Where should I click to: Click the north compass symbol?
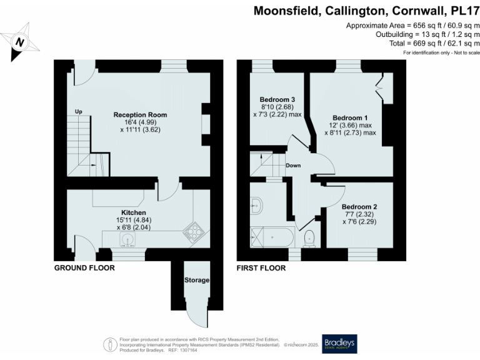(x=20, y=41)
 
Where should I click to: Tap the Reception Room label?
(x=140, y=115)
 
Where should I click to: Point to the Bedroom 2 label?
(x=359, y=207)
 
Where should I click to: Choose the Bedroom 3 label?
(x=277, y=100)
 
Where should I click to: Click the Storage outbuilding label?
(x=196, y=280)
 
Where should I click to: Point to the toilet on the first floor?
(x=308, y=237)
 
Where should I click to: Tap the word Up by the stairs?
(x=78, y=112)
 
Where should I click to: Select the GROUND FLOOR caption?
(x=84, y=268)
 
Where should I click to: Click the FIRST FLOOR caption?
(x=261, y=268)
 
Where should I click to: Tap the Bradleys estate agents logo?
(x=339, y=344)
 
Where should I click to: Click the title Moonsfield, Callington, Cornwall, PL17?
(x=366, y=11)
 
